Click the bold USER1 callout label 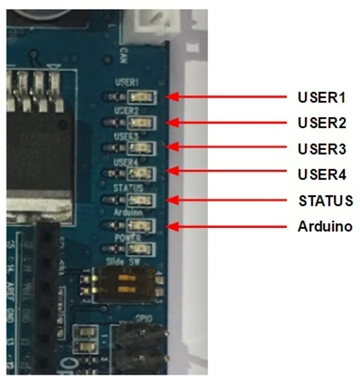321,97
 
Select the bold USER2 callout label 322,123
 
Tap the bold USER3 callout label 322,149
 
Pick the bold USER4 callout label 322,174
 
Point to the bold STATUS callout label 325,201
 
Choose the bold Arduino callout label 325,227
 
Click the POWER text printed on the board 127,238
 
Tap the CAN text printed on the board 123,55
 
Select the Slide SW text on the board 123,262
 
